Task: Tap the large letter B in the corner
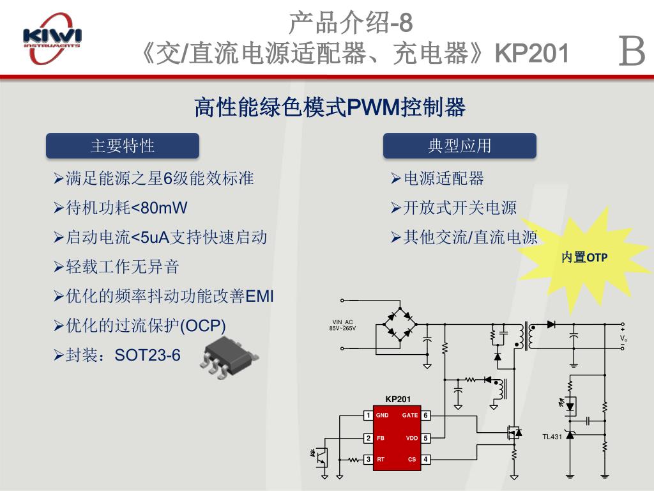pos(632,52)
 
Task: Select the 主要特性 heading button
pos(123,146)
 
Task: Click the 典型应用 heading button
pos(459,146)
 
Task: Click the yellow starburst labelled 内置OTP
pos(584,258)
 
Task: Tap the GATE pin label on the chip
pos(410,416)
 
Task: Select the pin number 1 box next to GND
pos(368,416)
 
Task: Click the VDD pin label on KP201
pos(412,439)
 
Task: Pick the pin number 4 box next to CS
pos(426,460)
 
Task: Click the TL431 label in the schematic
pos(552,437)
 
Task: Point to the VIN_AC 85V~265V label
pos(342,325)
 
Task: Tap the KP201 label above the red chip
pos(398,400)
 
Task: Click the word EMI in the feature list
pos(259,296)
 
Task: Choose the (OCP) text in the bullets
pos(203,325)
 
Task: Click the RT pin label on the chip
pos(381,460)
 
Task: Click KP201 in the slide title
pos(532,54)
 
